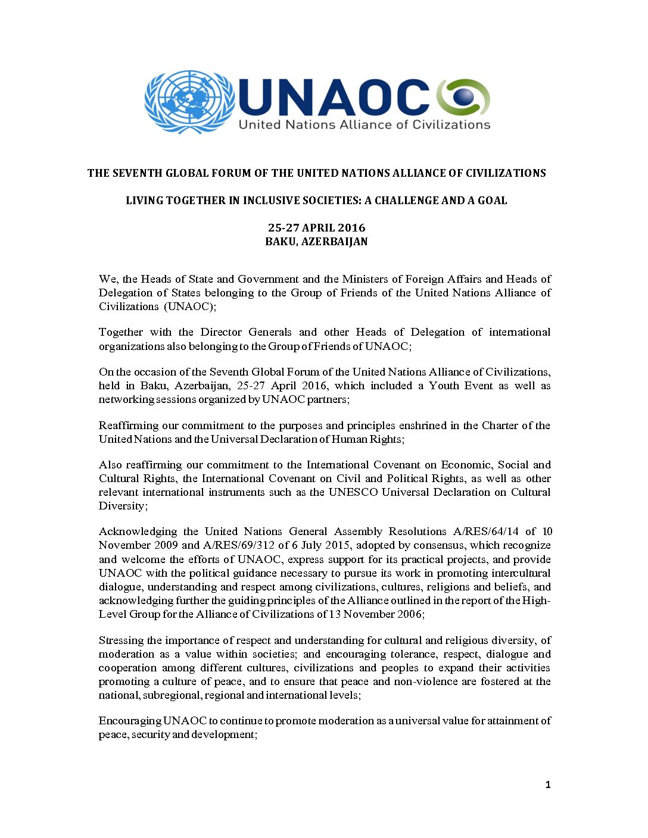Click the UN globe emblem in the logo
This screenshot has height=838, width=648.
coord(190,102)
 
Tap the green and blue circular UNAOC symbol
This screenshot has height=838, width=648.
coord(463,96)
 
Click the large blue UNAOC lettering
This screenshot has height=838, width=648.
coord(334,97)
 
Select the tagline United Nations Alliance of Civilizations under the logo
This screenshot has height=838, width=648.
coord(364,125)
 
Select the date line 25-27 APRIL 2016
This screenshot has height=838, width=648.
coord(316,228)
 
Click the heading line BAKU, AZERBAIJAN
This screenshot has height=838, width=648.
coord(316,242)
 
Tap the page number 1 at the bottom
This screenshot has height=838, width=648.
coord(548,785)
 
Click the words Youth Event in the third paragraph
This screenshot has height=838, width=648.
coord(460,386)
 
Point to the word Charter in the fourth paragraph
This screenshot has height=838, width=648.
coord(500,426)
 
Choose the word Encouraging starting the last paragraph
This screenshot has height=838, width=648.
coord(129,721)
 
